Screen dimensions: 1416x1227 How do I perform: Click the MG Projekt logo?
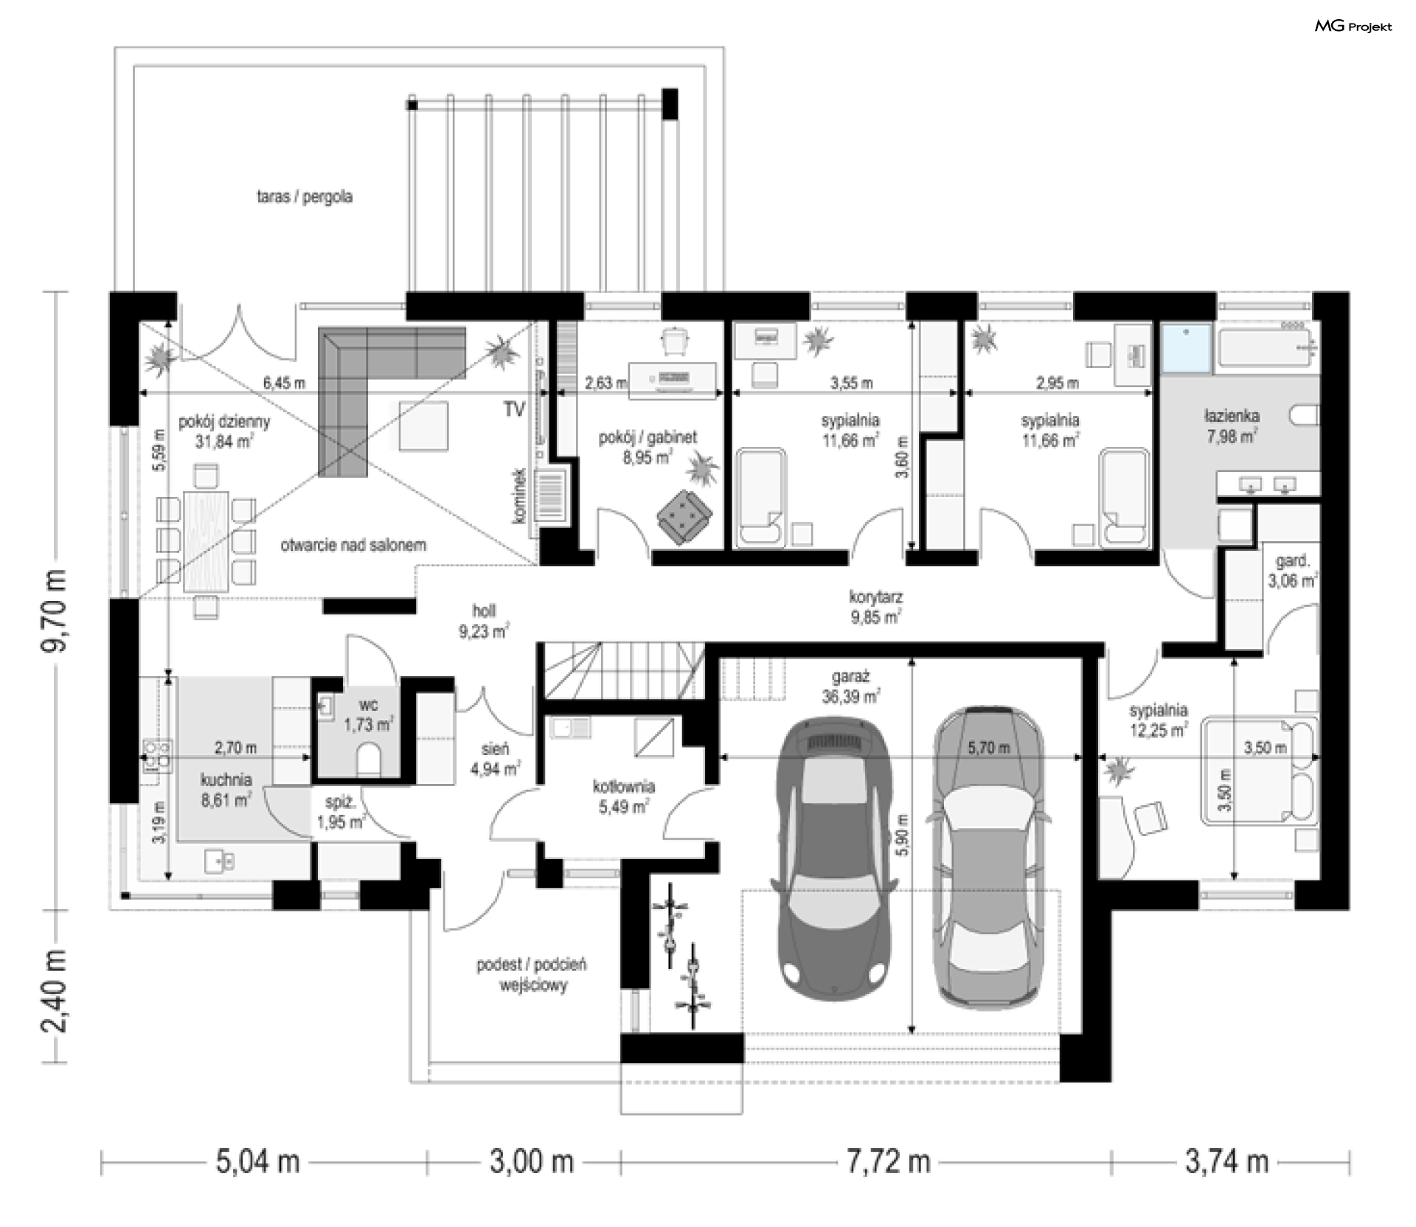(x=1353, y=27)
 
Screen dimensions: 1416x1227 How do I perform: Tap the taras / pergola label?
(x=304, y=197)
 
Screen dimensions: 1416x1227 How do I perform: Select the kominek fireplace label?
(x=521, y=496)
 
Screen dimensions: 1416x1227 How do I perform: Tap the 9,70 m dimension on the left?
(x=56, y=609)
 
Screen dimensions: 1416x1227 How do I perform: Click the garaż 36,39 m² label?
(x=850, y=686)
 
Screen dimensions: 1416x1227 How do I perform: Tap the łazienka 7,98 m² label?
(x=1232, y=425)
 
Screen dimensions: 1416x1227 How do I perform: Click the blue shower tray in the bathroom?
(x=1186, y=347)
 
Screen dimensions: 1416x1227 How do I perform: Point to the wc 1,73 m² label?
(x=367, y=715)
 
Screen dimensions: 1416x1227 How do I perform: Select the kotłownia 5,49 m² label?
(x=623, y=797)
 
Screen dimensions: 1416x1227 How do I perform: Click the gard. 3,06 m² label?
(x=1292, y=571)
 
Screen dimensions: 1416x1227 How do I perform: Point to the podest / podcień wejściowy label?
(x=531, y=974)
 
